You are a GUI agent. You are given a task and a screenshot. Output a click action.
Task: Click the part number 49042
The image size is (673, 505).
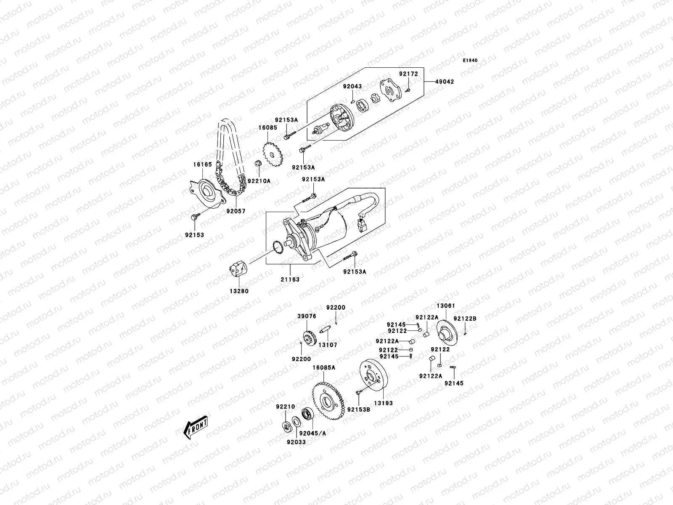pyautogui.click(x=444, y=81)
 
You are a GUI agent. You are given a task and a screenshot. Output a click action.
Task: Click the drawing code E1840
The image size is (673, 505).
pyautogui.click(x=471, y=61)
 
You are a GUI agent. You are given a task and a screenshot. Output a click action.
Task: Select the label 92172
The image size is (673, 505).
pyautogui.click(x=408, y=74)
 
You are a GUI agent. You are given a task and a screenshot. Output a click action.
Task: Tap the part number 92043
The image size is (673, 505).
pyautogui.click(x=352, y=86)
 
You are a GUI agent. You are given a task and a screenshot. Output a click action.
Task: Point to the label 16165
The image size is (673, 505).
pyautogui.click(x=202, y=165)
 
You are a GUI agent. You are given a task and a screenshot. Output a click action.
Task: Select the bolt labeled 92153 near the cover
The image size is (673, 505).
pyautogui.click(x=195, y=217)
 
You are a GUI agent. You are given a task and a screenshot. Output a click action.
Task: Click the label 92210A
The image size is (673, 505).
pyautogui.click(x=259, y=181)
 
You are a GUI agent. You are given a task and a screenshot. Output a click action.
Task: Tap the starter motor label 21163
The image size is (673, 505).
pyautogui.click(x=290, y=279)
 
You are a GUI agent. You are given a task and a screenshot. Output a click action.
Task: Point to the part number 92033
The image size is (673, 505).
pyautogui.click(x=297, y=442)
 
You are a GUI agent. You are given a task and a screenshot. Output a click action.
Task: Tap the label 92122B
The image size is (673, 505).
pyautogui.click(x=465, y=319)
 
